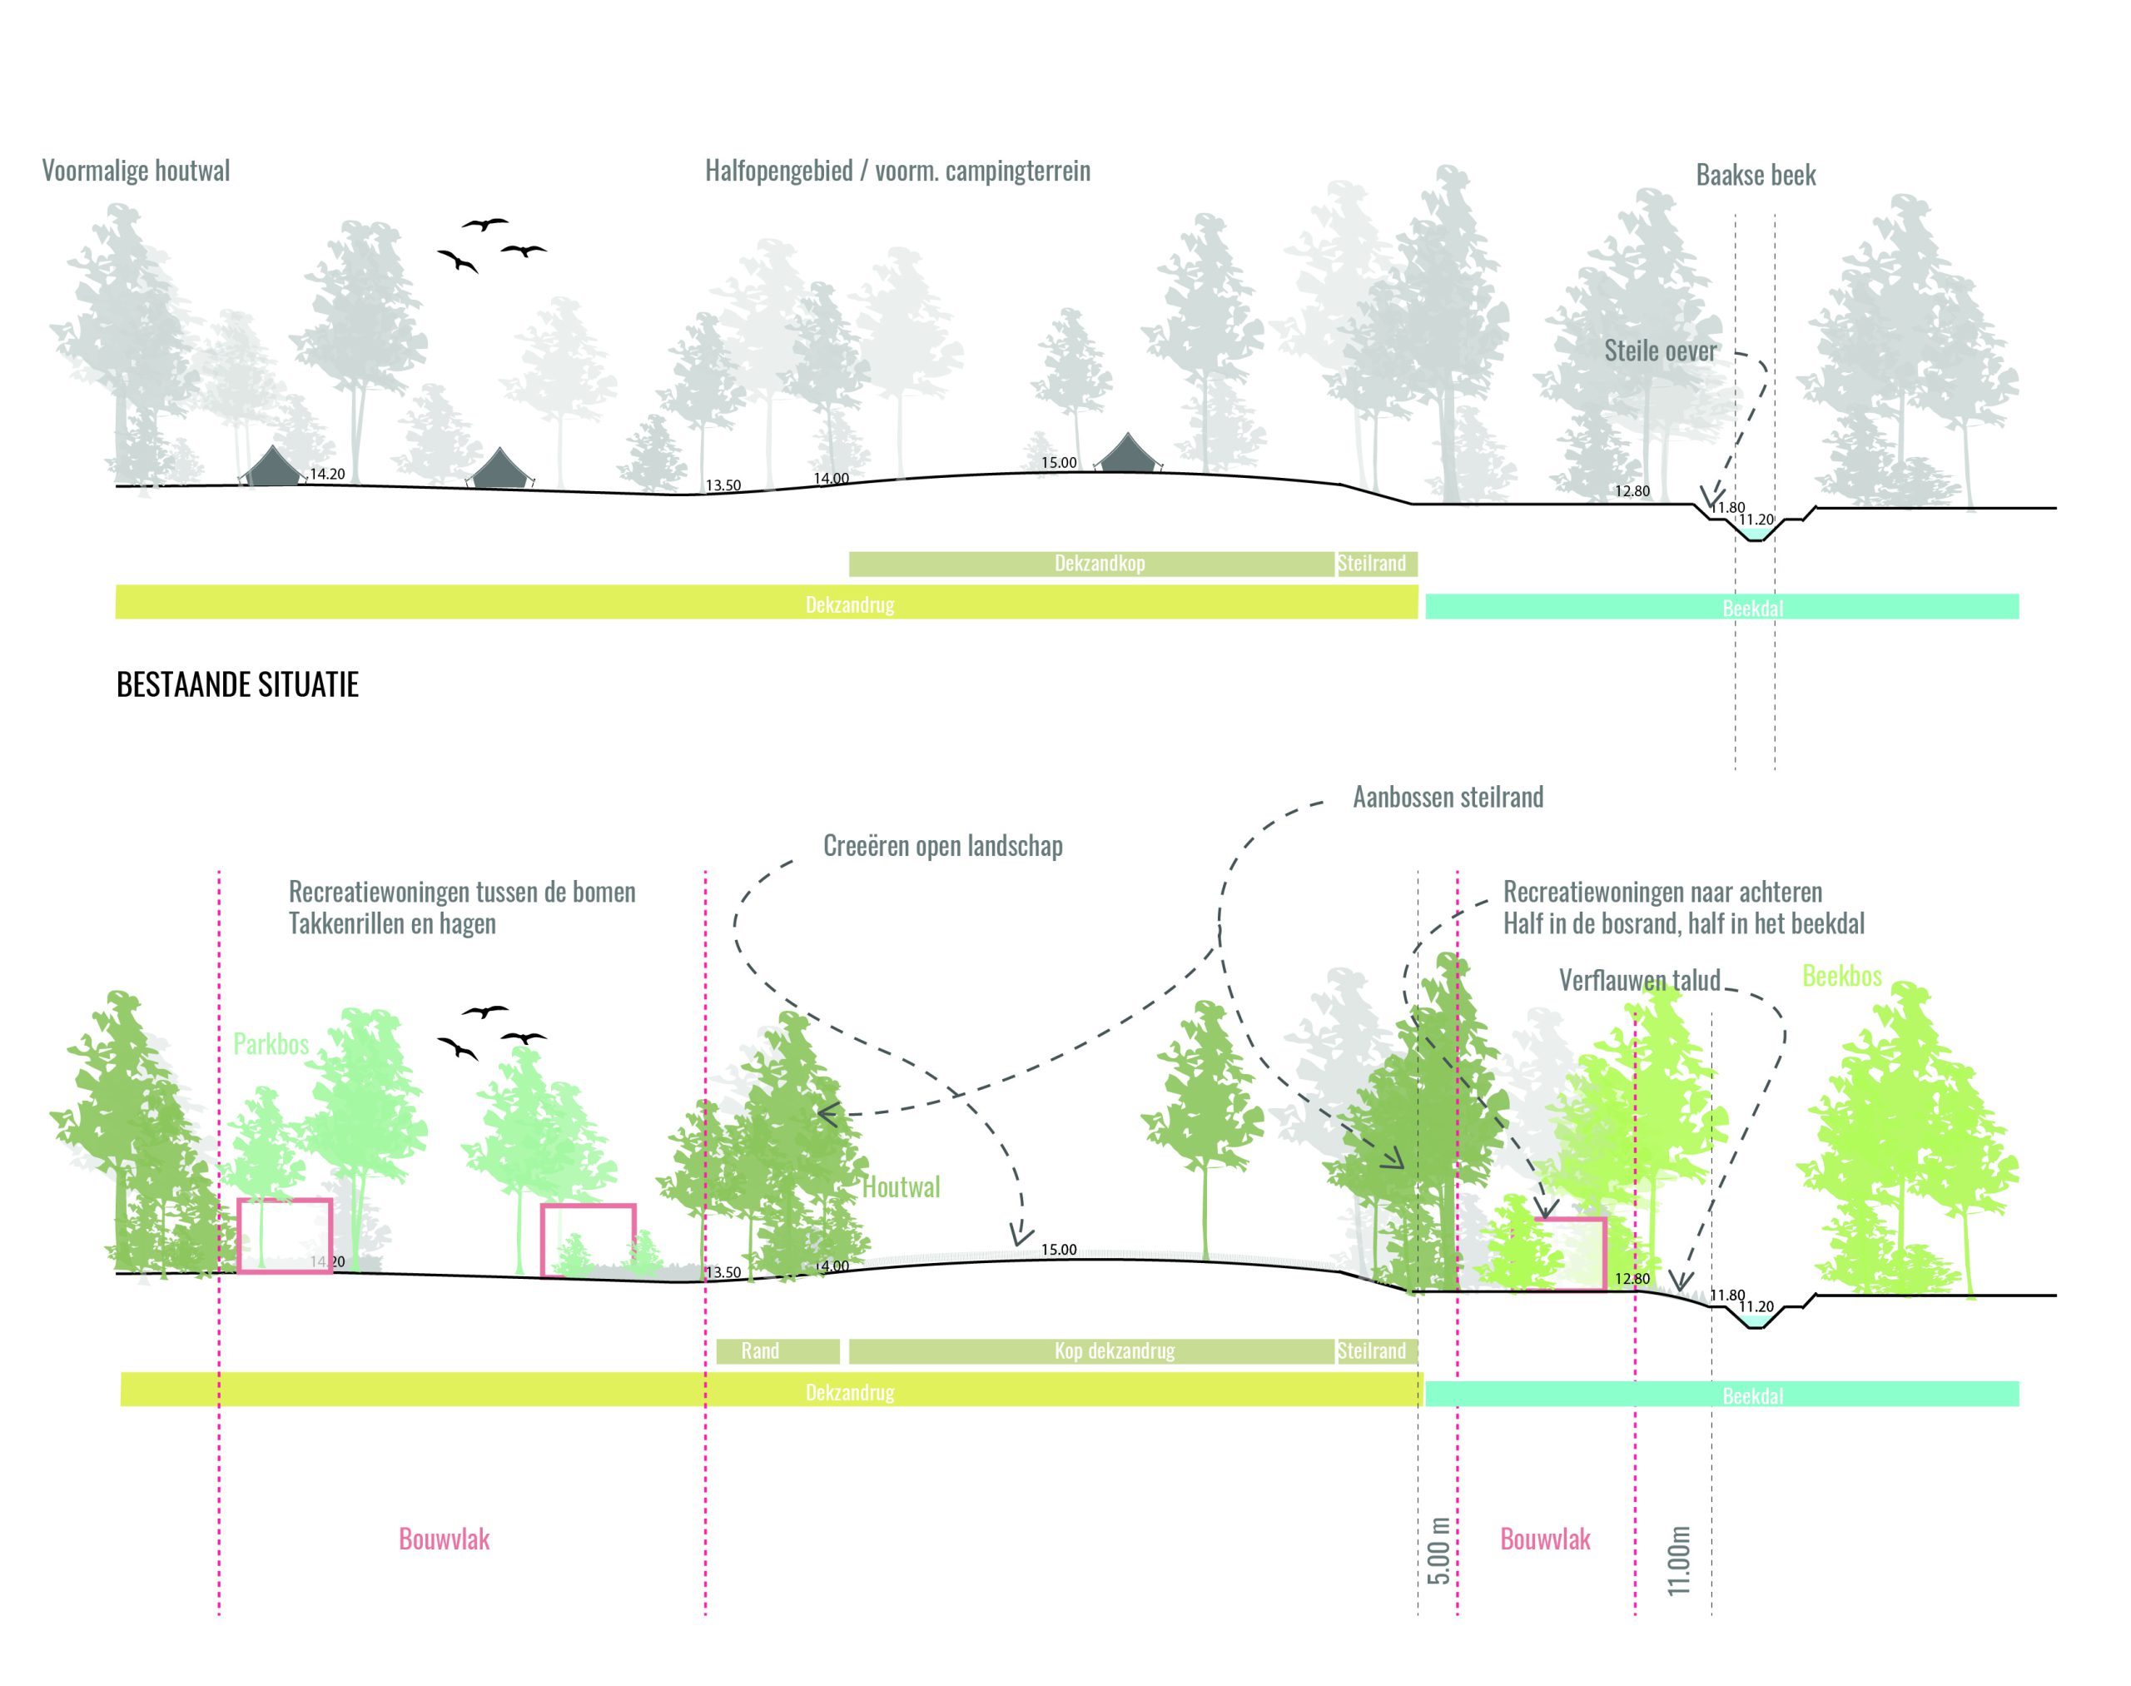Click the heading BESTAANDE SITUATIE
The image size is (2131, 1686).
pos(237,684)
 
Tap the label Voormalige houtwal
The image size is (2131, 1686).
pos(135,171)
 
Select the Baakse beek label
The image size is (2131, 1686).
pos(1755,176)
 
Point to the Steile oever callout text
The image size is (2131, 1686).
pos(1659,351)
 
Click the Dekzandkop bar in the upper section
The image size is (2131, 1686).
pos(1099,564)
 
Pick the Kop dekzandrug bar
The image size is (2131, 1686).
pos(1114,1350)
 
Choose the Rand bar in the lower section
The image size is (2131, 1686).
pos(760,1350)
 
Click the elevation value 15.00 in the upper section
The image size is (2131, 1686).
pos(1058,462)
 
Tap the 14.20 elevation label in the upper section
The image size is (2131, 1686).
pos(326,474)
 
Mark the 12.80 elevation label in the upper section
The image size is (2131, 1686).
pos(1632,490)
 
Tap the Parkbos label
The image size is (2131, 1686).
pos(271,1043)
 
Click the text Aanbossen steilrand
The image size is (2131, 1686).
pos(1447,798)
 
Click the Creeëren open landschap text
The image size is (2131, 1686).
pos(941,846)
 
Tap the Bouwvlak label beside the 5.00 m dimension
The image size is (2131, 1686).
pos(1545,1539)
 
